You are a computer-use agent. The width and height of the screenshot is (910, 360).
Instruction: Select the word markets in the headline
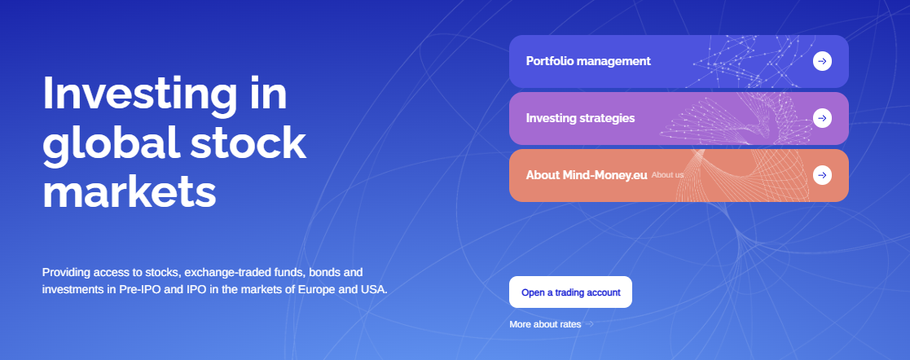click(130, 191)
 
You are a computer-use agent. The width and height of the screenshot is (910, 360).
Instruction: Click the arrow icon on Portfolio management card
click(822, 61)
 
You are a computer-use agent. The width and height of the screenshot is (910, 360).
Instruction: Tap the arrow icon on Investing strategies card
click(822, 118)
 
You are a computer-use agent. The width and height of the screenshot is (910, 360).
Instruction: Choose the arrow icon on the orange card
click(822, 175)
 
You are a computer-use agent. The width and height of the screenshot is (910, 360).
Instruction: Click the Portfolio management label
click(588, 62)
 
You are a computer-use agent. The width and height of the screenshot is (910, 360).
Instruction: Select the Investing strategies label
click(580, 118)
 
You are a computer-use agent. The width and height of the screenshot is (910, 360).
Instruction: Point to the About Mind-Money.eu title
click(586, 175)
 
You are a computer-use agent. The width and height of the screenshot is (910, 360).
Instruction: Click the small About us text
click(667, 175)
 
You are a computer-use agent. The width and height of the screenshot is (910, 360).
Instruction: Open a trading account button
click(570, 292)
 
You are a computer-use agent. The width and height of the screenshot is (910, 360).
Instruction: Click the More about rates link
click(545, 325)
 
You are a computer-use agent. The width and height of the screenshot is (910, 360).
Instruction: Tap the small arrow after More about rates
click(589, 324)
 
